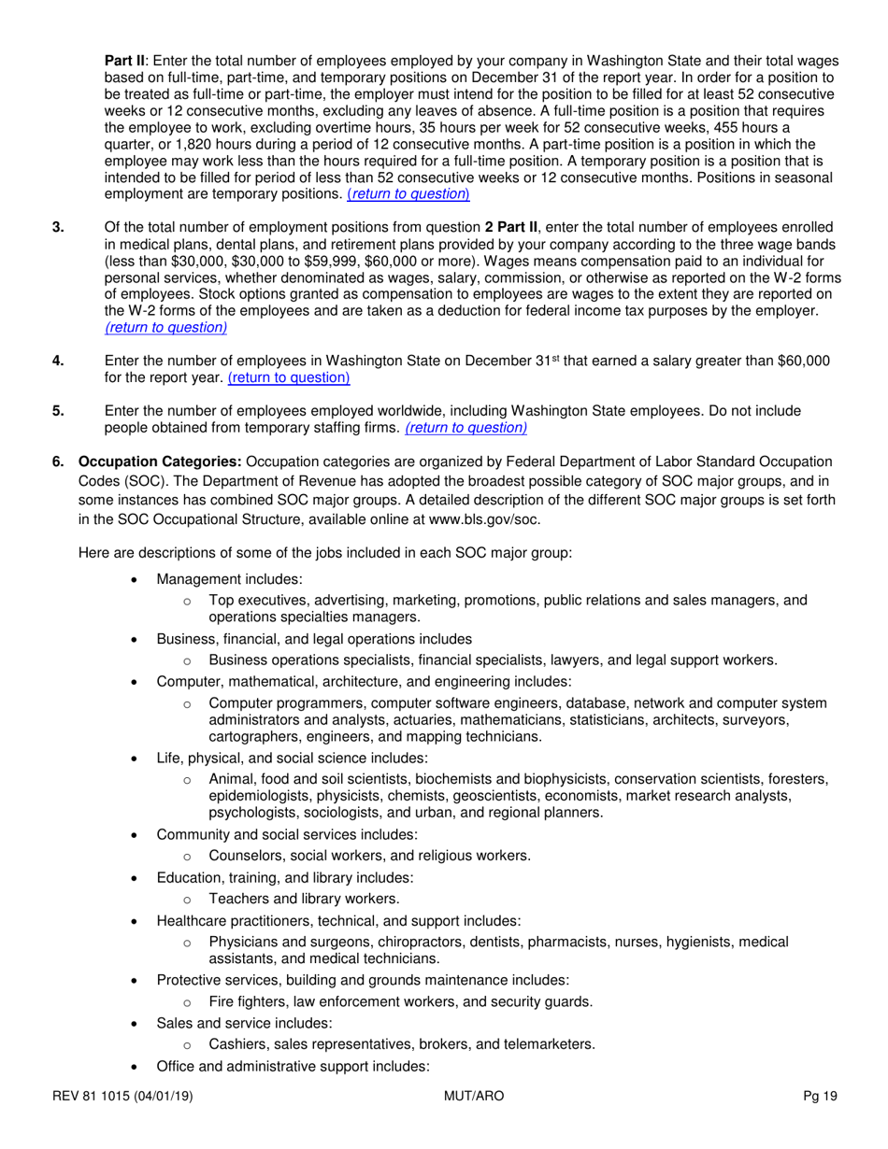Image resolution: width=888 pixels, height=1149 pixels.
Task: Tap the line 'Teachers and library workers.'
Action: point(304,899)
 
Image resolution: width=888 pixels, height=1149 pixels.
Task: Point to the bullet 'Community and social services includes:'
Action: point(287,833)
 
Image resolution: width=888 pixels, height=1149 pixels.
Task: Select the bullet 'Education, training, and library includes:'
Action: point(285,877)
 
